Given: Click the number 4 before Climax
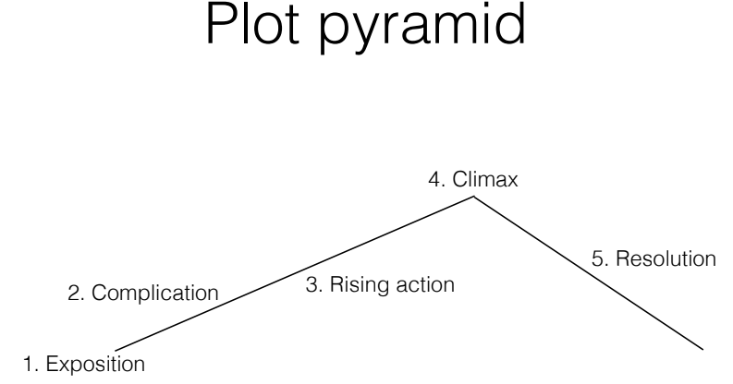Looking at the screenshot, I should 434,181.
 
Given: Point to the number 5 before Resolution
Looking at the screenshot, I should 597,259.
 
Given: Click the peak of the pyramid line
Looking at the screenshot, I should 476,198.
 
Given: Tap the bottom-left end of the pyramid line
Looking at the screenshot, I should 114,349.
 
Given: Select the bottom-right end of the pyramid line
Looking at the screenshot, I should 705,348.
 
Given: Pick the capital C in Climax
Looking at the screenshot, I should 457,181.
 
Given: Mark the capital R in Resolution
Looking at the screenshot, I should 621,259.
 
